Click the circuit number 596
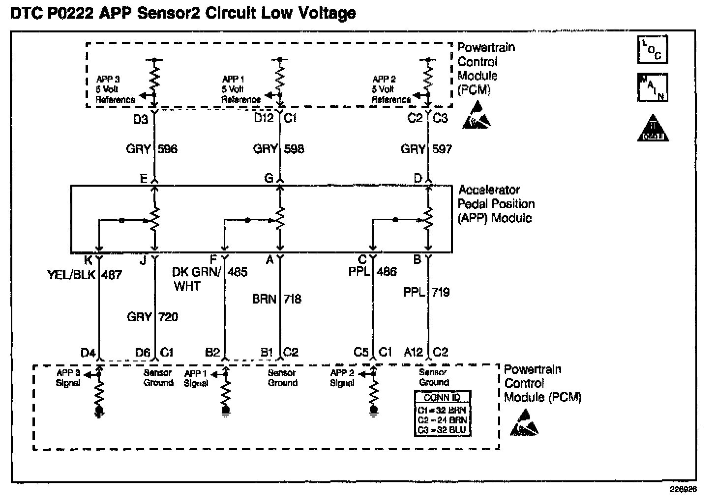(168, 149)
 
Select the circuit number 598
(294, 149)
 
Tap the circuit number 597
(442, 149)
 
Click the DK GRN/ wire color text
(196, 272)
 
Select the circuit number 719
(440, 292)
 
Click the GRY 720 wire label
(152, 317)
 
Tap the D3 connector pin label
(141, 119)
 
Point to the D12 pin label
(264, 118)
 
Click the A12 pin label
(413, 352)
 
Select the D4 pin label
(88, 353)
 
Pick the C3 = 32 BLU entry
(442, 431)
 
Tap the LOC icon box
(653, 50)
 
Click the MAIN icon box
(653, 87)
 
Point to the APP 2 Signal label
(342, 378)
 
